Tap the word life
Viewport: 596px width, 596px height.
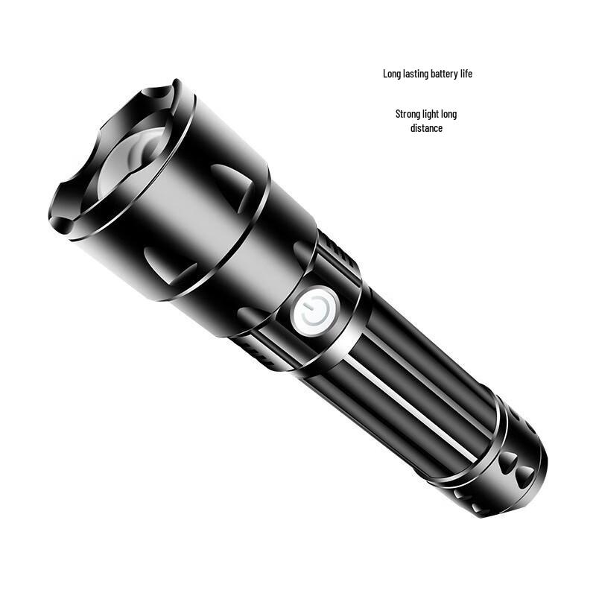tap(466, 74)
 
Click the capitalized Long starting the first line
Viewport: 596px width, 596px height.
tap(391, 74)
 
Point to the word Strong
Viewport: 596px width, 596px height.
tap(408, 114)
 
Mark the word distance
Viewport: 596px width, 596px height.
tap(426, 128)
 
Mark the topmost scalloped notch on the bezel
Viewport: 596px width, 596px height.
tap(159, 94)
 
